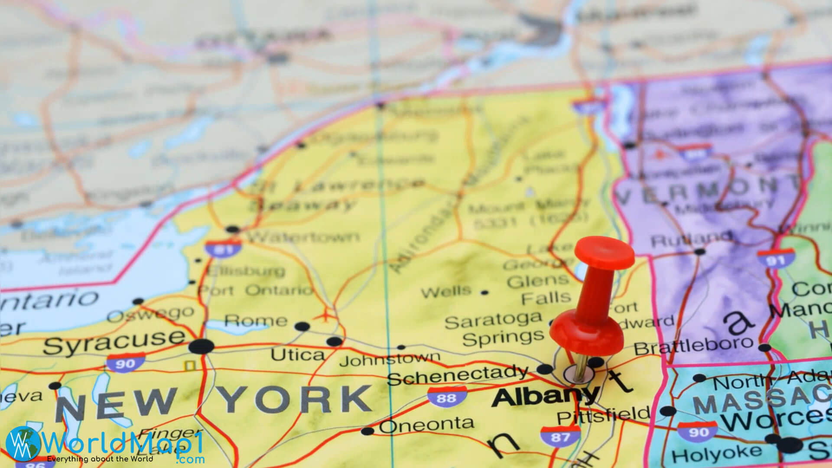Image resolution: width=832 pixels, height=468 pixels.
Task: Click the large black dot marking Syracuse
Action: point(202,347)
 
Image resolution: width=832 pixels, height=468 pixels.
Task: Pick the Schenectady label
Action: point(458,375)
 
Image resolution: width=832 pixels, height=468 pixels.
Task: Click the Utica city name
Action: point(298,355)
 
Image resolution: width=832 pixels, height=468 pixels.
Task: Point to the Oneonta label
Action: point(426,425)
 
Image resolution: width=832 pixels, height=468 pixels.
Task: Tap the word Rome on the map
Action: point(256,321)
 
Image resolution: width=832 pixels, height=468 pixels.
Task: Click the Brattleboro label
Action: point(693,345)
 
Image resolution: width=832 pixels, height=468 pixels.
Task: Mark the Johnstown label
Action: point(390,359)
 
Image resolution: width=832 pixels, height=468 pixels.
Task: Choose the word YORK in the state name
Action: point(297,399)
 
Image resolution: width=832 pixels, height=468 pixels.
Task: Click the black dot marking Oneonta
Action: point(367,431)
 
